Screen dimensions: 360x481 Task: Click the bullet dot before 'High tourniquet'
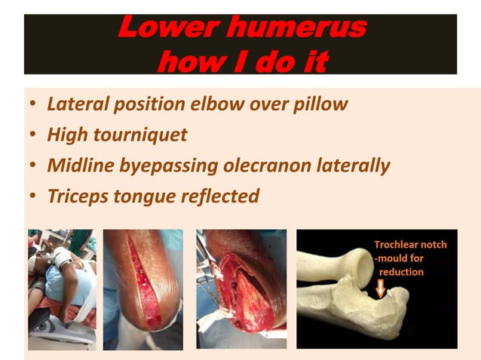(x=32, y=136)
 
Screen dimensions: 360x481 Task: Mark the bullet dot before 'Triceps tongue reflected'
(x=32, y=197)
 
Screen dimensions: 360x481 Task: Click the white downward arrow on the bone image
(x=381, y=287)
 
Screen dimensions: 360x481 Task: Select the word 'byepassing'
(x=170, y=166)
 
